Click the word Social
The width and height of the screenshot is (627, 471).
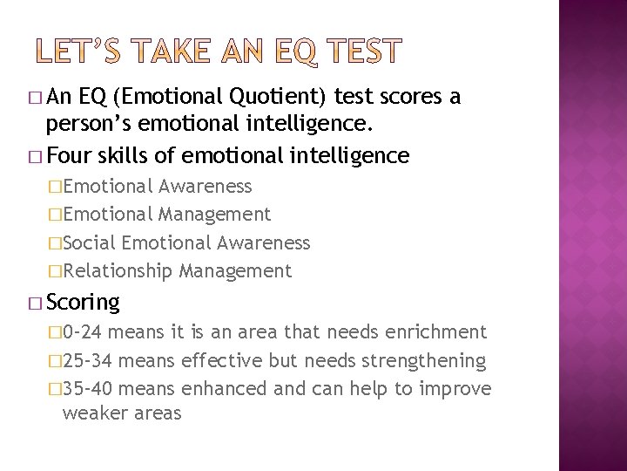click(x=91, y=242)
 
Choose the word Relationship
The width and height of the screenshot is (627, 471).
click(x=118, y=271)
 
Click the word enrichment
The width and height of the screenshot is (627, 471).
click(x=435, y=332)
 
